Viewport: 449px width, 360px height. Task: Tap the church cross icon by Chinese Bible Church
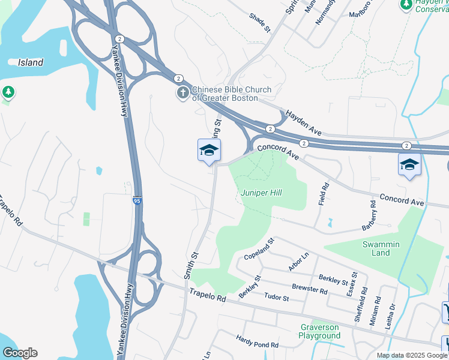click(x=182, y=93)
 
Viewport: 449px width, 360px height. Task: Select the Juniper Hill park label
click(x=261, y=193)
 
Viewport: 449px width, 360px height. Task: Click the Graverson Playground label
click(x=319, y=331)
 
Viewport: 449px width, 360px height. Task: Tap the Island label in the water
click(x=30, y=62)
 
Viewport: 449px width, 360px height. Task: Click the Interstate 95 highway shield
click(x=137, y=202)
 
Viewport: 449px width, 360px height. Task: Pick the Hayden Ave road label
click(x=304, y=122)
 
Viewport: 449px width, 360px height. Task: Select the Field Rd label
click(x=324, y=194)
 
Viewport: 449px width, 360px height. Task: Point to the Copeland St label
click(x=259, y=249)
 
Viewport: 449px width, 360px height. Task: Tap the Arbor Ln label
click(x=298, y=262)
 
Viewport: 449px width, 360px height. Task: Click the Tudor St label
click(x=277, y=298)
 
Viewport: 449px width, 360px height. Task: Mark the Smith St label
click(x=191, y=265)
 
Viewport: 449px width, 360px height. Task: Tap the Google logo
click(x=20, y=353)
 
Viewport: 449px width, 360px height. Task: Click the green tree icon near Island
click(x=8, y=92)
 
